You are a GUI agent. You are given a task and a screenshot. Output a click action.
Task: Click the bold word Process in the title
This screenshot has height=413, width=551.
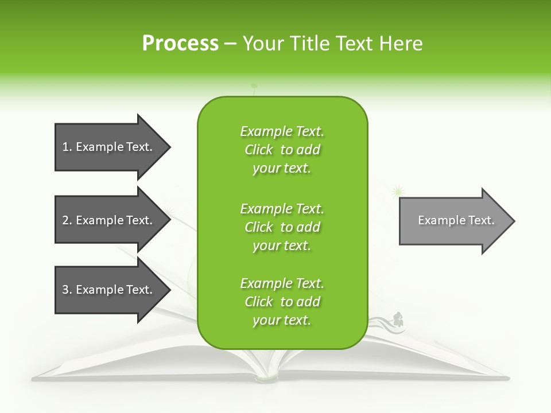(x=180, y=44)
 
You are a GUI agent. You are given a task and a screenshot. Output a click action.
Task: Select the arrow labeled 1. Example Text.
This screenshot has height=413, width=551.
(x=109, y=147)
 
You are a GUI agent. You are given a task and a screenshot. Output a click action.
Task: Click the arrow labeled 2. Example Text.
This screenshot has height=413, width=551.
(x=109, y=220)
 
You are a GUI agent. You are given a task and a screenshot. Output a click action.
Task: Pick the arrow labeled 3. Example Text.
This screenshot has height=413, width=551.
(x=109, y=290)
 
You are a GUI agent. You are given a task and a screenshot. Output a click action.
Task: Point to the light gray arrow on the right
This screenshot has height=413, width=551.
(x=453, y=220)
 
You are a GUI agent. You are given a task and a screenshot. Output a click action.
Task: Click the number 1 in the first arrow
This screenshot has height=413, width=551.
(x=65, y=147)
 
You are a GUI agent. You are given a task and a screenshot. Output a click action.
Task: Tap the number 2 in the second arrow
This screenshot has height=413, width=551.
(x=65, y=220)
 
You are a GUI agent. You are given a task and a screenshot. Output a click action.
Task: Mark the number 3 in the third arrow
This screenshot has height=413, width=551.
(x=65, y=290)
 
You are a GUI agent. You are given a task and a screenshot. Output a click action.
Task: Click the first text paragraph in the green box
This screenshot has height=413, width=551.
(x=282, y=150)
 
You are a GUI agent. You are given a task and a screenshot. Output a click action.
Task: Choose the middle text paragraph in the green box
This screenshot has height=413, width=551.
(x=282, y=227)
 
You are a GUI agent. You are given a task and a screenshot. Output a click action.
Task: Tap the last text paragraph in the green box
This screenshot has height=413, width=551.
(x=282, y=302)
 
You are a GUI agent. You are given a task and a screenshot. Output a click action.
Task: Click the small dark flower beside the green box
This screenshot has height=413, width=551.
(x=398, y=317)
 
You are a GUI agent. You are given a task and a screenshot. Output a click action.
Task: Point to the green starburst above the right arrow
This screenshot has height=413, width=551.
(x=397, y=190)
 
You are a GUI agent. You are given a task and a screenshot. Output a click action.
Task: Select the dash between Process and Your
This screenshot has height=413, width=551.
(x=230, y=44)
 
